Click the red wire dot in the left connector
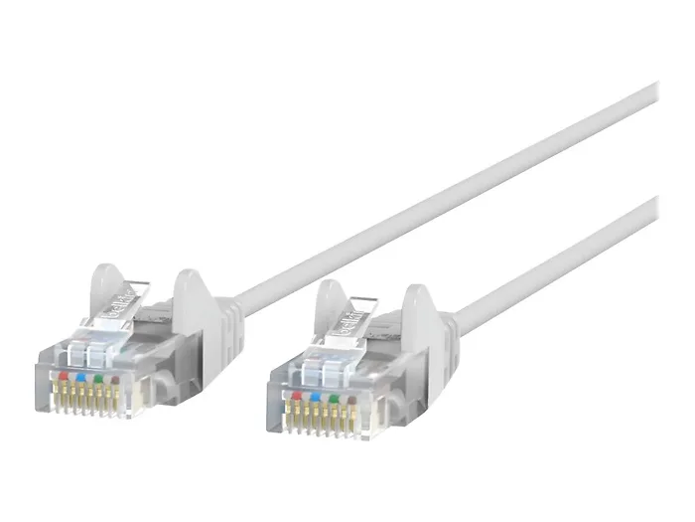click(x=65, y=378)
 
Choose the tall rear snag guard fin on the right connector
click(x=421, y=313)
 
